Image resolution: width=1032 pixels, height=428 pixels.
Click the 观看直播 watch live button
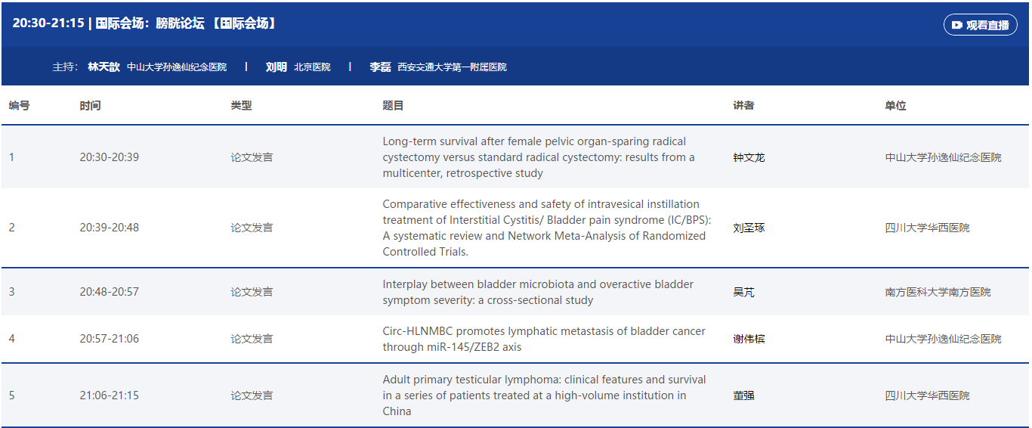point(980,25)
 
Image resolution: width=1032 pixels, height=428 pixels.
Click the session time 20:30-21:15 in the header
point(48,23)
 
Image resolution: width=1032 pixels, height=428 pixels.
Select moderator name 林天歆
point(104,67)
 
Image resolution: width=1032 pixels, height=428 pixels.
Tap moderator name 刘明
point(277,67)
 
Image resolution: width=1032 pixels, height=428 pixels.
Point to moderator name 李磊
point(380,67)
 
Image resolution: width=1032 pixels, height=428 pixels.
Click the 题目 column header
point(393,106)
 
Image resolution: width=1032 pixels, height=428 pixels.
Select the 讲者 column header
point(743,106)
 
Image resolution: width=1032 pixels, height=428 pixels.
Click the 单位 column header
point(895,106)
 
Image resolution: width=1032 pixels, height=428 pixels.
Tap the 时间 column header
point(90,106)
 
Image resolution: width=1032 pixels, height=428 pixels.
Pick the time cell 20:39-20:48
point(110,228)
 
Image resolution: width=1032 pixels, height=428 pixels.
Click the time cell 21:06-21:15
point(110,395)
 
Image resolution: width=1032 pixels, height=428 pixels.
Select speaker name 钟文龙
point(749,157)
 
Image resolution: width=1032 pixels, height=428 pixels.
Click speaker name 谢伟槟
point(749,339)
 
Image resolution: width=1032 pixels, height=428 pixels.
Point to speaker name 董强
point(743,395)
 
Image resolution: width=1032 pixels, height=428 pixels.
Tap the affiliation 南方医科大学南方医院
point(938,292)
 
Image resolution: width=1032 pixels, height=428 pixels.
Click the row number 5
point(11,395)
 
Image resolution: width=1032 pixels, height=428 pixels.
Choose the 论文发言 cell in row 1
point(252,157)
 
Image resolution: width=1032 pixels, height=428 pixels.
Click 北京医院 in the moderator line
point(312,67)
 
